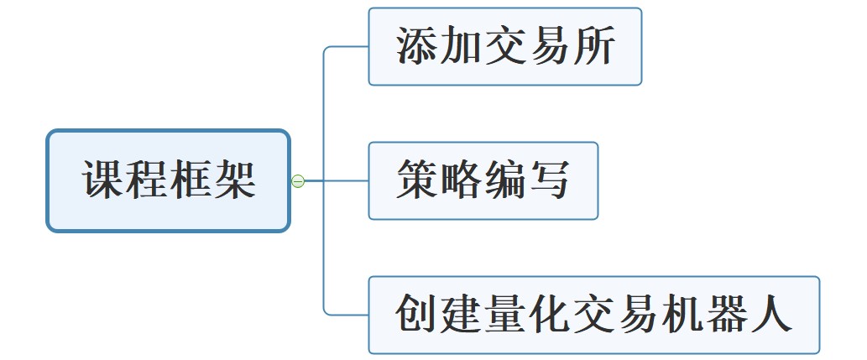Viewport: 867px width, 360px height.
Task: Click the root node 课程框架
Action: coord(168,180)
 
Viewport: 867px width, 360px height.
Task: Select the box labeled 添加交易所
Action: coord(505,47)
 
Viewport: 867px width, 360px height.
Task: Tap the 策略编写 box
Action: coord(483,180)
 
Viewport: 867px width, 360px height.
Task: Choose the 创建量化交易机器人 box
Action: coord(593,315)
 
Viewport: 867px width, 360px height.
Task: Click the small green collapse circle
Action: coord(297,180)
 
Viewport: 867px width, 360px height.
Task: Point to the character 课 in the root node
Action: coord(103,180)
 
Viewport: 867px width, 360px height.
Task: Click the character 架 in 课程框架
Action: coord(234,180)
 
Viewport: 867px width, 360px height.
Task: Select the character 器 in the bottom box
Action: coord(726,315)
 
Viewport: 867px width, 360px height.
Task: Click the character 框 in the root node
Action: coord(191,180)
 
